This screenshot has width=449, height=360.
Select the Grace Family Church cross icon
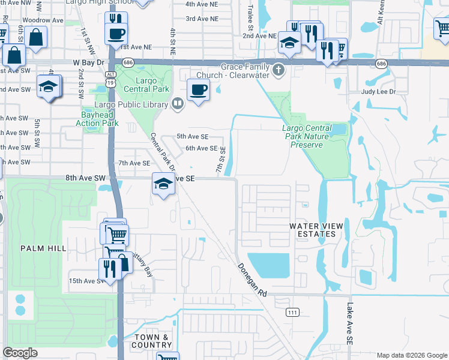(278, 71)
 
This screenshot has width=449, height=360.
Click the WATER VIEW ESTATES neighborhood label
(316, 230)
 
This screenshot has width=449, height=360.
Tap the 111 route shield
(292, 312)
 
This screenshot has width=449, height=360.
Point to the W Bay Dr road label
(89, 62)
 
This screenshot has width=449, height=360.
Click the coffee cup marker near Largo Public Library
(198, 91)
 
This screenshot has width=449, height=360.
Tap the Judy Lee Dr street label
(379, 92)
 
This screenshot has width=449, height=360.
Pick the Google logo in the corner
(20, 353)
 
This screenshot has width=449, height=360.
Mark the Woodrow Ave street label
(49, 20)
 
